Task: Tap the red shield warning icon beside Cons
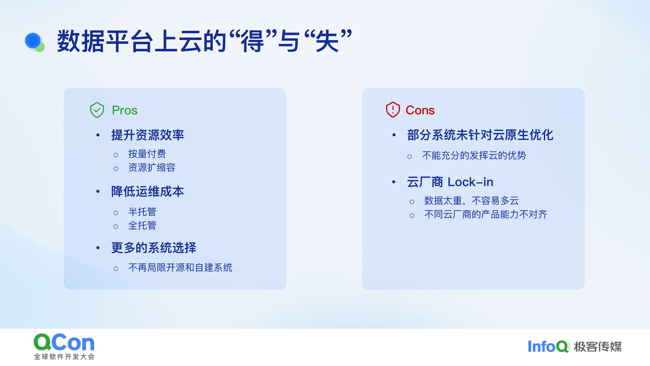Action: click(393, 110)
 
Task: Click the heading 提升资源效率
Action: click(148, 135)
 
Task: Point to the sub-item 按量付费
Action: click(147, 154)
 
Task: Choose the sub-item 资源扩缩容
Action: click(152, 167)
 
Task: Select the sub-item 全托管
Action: click(142, 225)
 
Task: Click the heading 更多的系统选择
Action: click(154, 248)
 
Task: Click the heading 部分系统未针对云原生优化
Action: click(480, 135)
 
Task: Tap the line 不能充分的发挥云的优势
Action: click(474, 155)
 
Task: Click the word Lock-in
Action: click(470, 182)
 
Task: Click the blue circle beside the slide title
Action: click(33, 40)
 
